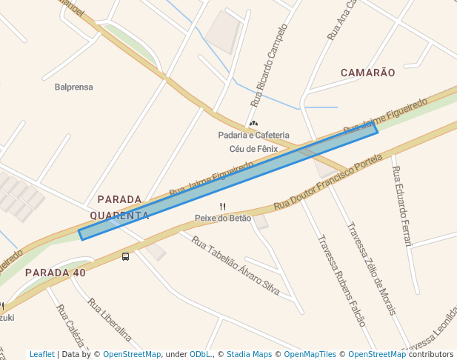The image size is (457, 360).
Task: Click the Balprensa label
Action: pyautogui.click(x=73, y=87)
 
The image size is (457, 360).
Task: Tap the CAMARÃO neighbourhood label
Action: pyautogui.click(x=367, y=73)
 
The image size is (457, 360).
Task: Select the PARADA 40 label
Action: pyautogui.click(x=56, y=273)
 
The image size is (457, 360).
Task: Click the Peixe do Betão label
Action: pyautogui.click(x=223, y=218)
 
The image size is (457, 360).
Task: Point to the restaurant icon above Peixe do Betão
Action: pyautogui.click(x=222, y=206)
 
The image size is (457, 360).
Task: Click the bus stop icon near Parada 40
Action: pyautogui.click(x=125, y=257)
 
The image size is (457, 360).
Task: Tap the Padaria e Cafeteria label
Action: pyautogui.click(x=253, y=135)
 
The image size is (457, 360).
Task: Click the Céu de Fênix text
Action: pyautogui.click(x=253, y=148)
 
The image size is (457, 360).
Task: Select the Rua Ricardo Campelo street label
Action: pyautogui.click(x=268, y=65)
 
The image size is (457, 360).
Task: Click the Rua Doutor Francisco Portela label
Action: pyautogui.click(x=328, y=181)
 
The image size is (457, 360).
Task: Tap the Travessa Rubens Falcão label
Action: pyautogui.click(x=341, y=281)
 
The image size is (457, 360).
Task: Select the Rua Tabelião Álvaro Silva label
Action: pyautogui.click(x=236, y=266)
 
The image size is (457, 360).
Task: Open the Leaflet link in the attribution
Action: pyautogui.click(x=42, y=354)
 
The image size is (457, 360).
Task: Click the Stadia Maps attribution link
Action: pyautogui.click(x=249, y=354)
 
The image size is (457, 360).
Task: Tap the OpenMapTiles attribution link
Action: pyautogui.click(x=307, y=354)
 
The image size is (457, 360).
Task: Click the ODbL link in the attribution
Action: pyautogui.click(x=200, y=354)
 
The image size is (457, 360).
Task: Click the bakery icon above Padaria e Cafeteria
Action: pyautogui.click(x=253, y=123)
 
